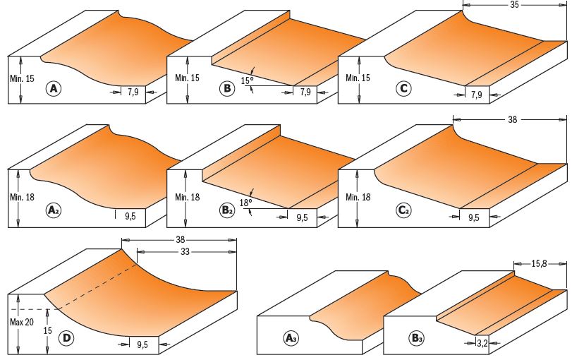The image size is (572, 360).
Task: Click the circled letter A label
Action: click(x=54, y=89)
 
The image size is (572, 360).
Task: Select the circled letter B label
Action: click(x=227, y=89)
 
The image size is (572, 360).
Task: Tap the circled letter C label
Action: click(x=404, y=89)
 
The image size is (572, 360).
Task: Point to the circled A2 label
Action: click(x=54, y=210)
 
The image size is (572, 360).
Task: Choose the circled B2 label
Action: click(x=227, y=210)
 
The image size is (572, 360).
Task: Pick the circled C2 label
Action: click(x=404, y=210)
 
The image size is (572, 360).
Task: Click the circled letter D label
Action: click(x=66, y=337)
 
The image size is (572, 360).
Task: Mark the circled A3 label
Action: click(x=291, y=338)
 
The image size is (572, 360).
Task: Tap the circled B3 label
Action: click(x=416, y=338)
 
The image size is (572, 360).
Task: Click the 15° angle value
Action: click(x=247, y=80)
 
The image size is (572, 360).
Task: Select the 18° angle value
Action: click(x=245, y=203)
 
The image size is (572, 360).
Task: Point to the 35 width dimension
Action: click(x=514, y=5)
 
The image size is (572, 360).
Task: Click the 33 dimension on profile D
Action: click(x=185, y=251)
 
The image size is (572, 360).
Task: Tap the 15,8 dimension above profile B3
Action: click(x=539, y=263)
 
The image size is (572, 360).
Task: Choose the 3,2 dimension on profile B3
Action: click(x=482, y=343)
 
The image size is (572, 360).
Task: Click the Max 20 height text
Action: click(x=22, y=322)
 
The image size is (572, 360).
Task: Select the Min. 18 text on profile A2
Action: click(x=23, y=197)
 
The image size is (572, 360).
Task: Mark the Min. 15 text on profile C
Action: click(x=358, y=78)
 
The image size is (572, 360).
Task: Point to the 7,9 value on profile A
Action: click(x=133, y=92)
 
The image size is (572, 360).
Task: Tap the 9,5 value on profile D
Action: click(x=142, y=344)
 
